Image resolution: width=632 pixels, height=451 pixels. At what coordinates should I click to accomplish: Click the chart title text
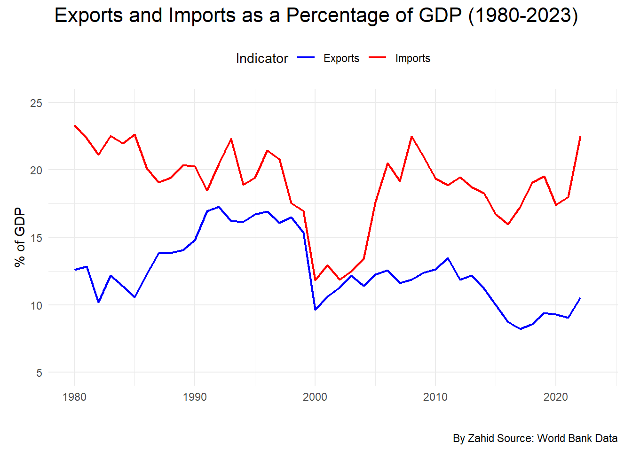(x=316, y=16)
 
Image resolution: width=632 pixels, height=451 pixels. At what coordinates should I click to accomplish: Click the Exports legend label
(x=341, y=58)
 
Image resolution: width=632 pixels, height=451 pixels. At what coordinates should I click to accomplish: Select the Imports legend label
(x=412, y=58)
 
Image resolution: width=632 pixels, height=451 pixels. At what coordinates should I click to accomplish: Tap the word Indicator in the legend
(x=261, y=58)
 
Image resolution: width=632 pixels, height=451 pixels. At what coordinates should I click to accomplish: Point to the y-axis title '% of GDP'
(x=20, y=237)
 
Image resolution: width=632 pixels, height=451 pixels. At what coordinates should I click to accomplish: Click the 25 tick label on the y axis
(x=36, y=103)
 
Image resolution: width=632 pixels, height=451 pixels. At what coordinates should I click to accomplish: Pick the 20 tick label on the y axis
(x=36, y=170)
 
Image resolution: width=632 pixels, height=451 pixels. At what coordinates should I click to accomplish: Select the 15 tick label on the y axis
(x=36, y=238)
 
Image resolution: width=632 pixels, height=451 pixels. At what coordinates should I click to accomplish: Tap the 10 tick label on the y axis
(x=36, y=305)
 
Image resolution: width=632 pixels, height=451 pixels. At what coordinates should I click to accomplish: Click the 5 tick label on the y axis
(x=39, y=373)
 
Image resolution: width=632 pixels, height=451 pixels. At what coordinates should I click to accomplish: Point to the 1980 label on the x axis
(x=74, y=397)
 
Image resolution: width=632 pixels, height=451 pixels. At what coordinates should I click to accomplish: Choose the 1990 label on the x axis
(x=195, y=397)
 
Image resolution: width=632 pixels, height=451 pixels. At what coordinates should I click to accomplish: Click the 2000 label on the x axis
(x=315, y=397)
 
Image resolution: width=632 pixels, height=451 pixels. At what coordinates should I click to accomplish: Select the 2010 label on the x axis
(x=435, y=397)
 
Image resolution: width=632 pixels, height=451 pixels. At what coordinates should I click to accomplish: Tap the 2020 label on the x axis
(x=556, y=397)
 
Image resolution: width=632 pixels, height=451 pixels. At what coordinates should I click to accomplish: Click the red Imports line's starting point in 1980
(x=75, y=125)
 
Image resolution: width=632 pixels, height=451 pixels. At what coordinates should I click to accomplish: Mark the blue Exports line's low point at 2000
(x=315, y=310)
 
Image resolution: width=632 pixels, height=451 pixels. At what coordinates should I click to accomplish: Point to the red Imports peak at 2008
(x=411, y=137)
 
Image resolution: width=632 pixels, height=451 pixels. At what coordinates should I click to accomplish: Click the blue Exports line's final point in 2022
(x=580, y=298)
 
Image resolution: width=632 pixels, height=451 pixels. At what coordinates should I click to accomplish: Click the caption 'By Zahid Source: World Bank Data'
(x=535, y=438)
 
